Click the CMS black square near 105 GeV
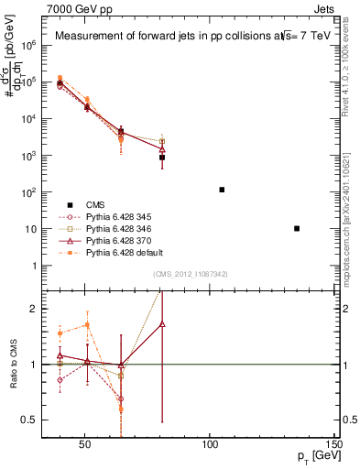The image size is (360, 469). coord(222,190)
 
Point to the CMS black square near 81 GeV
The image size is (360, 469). coord(162,158)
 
